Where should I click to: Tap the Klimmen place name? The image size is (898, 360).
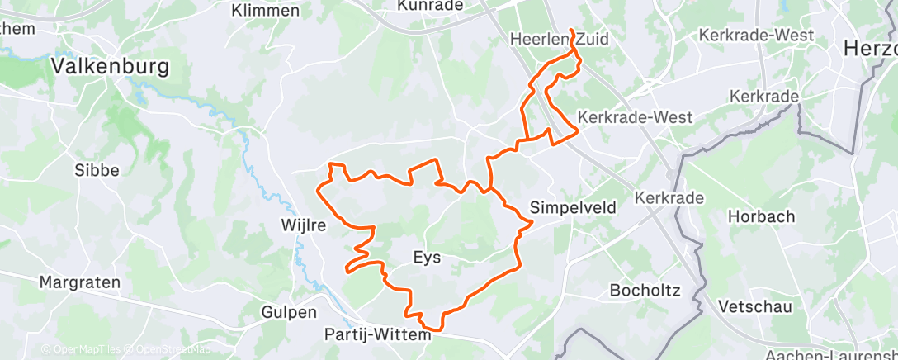click(266, 11)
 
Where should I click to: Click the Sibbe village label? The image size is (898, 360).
click(97, 170)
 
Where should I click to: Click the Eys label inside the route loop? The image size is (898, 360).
click(426, 258)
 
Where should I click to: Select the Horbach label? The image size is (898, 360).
click(761, 216)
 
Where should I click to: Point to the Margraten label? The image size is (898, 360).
click(79, 282)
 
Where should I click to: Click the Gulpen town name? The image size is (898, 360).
click(289, 312)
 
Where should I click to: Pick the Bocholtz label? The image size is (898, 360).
click(644, 290)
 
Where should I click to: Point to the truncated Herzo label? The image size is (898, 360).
click(870, 49)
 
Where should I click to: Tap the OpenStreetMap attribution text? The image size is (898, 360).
click(173, 350)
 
